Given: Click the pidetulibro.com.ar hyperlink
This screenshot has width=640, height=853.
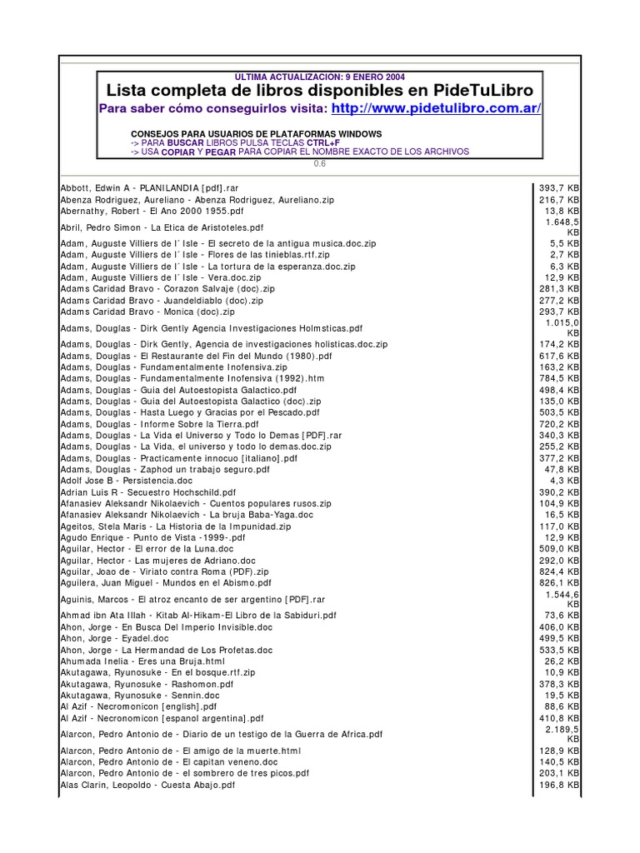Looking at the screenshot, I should point(436,109).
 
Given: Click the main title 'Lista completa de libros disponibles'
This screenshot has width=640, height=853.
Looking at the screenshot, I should point(321,90).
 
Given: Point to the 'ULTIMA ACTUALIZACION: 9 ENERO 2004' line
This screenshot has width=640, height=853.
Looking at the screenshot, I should point(320,77).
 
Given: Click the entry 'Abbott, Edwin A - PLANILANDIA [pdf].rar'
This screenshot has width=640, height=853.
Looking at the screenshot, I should point(155,188).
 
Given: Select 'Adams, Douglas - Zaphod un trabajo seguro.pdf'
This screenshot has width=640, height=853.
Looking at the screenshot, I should point(165,469).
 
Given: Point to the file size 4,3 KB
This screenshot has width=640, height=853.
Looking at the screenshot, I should point(567,481).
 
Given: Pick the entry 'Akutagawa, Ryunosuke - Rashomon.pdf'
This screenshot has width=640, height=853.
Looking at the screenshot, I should point(147,683).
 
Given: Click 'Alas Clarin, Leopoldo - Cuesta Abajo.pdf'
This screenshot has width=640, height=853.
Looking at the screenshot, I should point(147,785).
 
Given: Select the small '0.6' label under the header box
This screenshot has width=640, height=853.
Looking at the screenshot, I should point(320,163).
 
